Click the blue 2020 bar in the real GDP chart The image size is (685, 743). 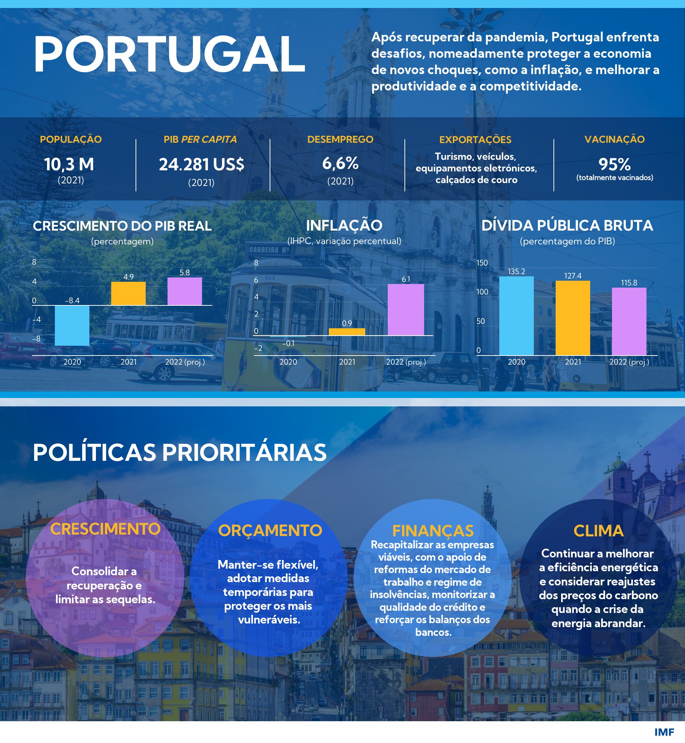tap(72, 326)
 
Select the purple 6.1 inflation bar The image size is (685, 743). tap(406, 310)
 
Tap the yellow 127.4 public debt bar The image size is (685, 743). tap(573, 318)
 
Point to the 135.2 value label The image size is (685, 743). tap(516, 272)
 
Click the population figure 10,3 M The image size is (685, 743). tap(69, 164)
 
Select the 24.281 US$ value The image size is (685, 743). tap(202, 165)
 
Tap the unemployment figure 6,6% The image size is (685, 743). tap(340, 163)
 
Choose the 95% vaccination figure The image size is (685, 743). tap(614, 164)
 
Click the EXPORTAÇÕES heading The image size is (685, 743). tap(475, 140)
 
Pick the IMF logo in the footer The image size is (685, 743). tap(664, 732)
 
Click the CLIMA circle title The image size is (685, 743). tap(598, 531)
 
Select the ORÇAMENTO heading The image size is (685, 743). tap(270, 531)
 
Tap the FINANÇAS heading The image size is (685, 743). tap(433, 531)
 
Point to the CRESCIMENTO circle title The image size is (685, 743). tap(105, 529)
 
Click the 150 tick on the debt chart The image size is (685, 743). tap(482, 263)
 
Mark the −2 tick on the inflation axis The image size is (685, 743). tap(258, 348)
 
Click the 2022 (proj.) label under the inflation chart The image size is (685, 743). tap(406, 362)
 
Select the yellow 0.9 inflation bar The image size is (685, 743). tap(347, 332)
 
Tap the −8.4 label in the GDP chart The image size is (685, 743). tap(72, 300)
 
